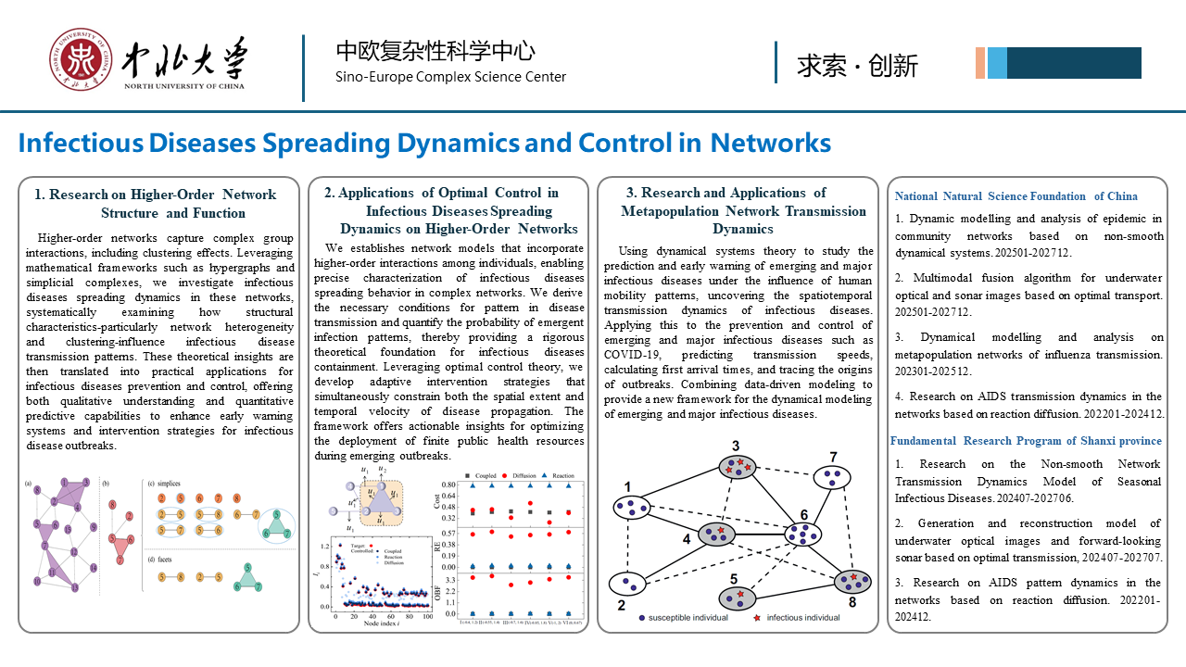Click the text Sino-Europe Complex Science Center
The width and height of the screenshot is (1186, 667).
point(450,77)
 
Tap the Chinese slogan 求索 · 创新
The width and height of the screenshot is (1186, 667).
point(857,65)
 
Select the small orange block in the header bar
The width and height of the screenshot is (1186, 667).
point(980,63)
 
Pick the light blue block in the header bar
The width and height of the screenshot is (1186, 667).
point(997,63)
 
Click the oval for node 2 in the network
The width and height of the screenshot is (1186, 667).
point(627,584)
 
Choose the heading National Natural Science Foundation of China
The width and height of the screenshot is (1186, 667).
point(1016,196)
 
